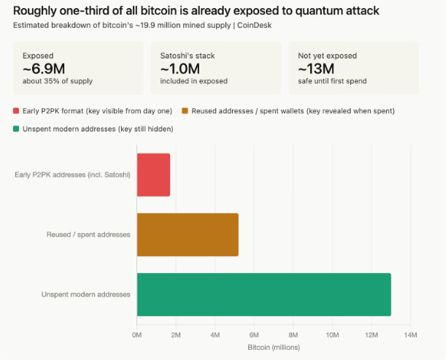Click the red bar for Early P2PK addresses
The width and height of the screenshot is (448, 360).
[x=153, y=175]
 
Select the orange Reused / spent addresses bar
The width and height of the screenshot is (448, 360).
[x=188, y=234]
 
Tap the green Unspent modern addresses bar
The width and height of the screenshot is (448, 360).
[x=263, y=294]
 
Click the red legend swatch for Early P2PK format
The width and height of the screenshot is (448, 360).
[x=17, y=110]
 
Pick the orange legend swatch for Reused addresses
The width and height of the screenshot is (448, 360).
[x=185, y=110]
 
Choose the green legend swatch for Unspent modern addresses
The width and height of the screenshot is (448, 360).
[x=17, y=129]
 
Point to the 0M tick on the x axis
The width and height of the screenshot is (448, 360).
[x=136, y=334]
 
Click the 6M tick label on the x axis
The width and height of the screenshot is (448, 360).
[x=254, y=334]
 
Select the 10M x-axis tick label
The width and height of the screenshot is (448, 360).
[x=332, y=334]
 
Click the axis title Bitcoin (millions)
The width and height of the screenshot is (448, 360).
[x=273, y=347]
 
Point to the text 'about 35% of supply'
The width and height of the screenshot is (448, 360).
[x=58, y=80]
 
